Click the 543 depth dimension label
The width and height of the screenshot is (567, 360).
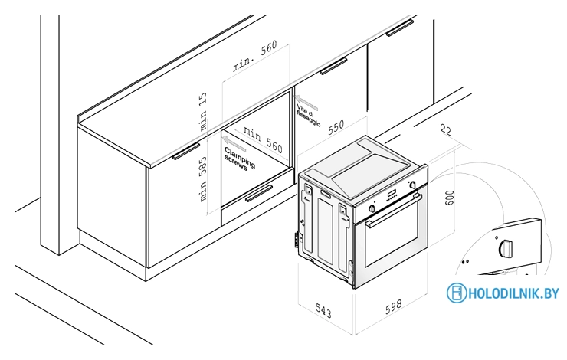(x=323, y=310)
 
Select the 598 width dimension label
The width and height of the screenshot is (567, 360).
(x=393, y=306)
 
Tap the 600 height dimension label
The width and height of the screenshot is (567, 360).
(x=449, y=198)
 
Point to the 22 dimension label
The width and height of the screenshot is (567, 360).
(x=446, y=129)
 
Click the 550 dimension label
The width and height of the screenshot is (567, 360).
(x=336, y=127)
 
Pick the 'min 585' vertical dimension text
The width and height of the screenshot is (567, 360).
(x=203, y=178)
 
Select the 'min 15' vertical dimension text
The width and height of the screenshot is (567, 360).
(x=202, y=111)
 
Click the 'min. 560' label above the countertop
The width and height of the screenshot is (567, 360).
(x=255, y=56)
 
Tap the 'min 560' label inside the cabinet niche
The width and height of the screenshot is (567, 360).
(x=264, y=139)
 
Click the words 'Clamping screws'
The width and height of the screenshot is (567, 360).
(x=239, y=159)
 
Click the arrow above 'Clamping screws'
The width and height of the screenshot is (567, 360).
(x=234, y=144)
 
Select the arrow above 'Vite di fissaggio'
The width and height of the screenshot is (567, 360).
(x=306, y=103)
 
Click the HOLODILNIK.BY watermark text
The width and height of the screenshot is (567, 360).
(x=514, y=293)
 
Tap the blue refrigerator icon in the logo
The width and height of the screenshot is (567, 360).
(x=457, y=293)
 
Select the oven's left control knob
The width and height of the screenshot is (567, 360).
(x=372, y=208)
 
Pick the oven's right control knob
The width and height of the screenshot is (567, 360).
(x=412, y=185)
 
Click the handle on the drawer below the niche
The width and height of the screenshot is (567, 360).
(x=259, y=193)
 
